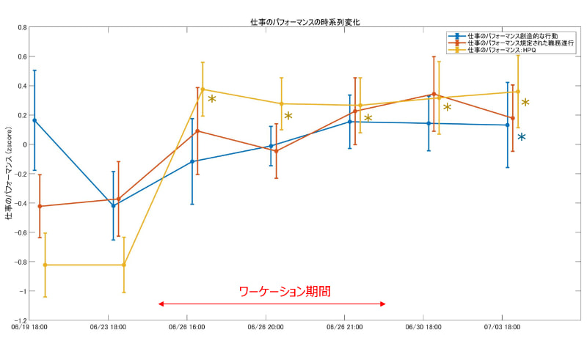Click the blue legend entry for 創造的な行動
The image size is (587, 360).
click(507, 35)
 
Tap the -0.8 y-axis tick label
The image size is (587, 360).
click(20, 262)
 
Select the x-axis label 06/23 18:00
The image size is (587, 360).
click(109, 328)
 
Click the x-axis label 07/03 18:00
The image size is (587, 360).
click(500, 328)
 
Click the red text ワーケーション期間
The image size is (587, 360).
click(285, 291)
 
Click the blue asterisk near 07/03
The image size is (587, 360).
click(521, 137)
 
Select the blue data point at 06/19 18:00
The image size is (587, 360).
click(34, 120)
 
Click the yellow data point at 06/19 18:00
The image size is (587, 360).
click(45, 265)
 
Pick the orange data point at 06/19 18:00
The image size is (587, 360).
click(40, 206)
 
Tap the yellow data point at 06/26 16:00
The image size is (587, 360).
click(203, 89)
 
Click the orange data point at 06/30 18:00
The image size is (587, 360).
click(434, 94)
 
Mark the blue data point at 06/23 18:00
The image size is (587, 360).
click(113, 205)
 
